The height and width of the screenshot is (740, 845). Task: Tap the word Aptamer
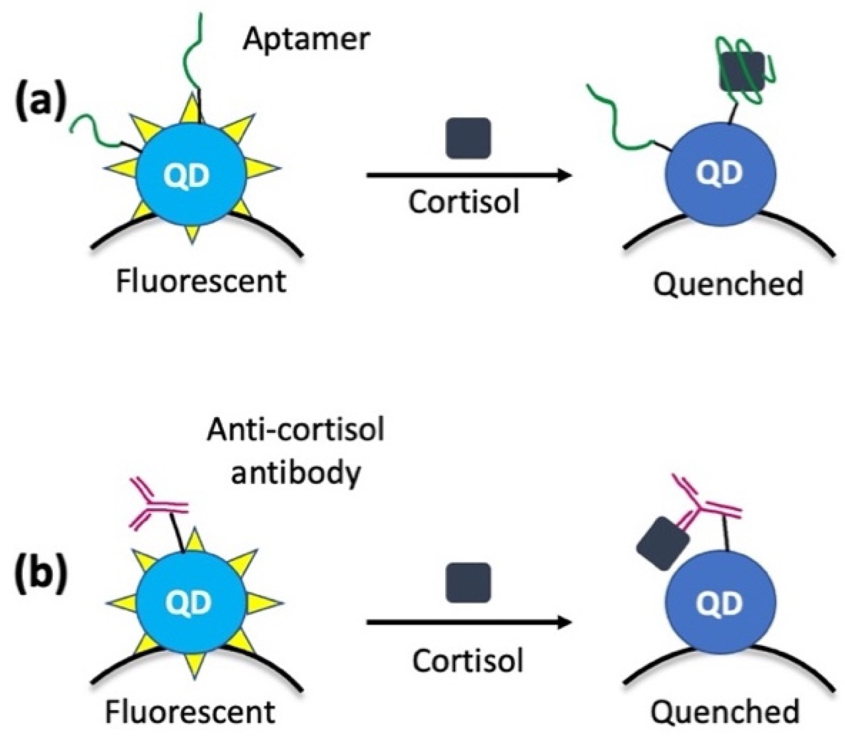(x=306, y=39)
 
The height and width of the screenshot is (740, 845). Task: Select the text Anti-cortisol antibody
(x=295, y=452)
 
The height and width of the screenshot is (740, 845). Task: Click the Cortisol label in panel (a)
(x=464, y=202)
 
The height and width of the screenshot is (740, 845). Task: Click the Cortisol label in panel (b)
(x=467, y=661)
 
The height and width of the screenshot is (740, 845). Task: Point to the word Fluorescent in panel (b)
(x=190, y=711)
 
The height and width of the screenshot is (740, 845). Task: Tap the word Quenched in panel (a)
(x=728, y=285)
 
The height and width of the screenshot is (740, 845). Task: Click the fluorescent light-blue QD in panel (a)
(x=190, y=175)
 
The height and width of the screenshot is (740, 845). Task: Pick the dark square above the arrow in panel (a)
(x=468, y=138)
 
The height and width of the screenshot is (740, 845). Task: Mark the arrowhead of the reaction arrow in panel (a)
(x=564, y=175)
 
